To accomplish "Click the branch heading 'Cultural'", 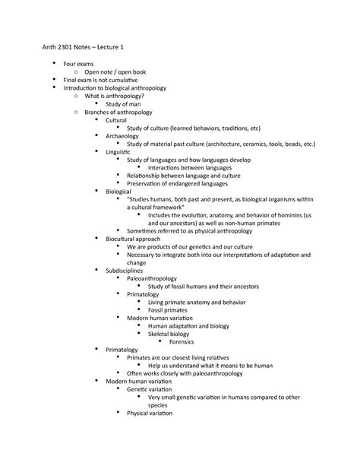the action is click(116, 120).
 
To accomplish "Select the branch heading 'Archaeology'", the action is click(122, 136).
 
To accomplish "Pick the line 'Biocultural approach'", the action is click(133, 239).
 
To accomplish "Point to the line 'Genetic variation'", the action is click(155, 388).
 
